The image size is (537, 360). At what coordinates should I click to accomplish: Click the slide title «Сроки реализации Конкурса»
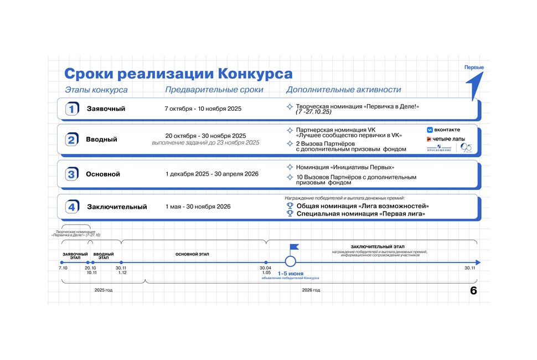click(x=178, y=74)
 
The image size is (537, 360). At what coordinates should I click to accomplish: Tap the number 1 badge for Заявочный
click(x=71, y=109)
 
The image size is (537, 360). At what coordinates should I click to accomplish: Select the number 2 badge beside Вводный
click(x=71, y=140)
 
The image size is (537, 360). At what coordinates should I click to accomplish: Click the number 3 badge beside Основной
click(x=71, y=174)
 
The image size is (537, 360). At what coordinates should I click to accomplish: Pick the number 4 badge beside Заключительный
click(x=71, y=207)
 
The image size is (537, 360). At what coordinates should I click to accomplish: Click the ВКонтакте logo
click(x=443, y=130)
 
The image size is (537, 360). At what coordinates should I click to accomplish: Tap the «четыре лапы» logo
click(x=446, y=138)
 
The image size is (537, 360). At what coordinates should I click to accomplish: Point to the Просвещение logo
click(x=440, y=148)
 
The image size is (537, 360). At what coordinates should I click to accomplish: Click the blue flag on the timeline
click(x=294, y=248)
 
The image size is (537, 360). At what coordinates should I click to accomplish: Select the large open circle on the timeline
click(x=290, y=262)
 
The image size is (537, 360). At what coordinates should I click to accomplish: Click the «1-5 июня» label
click(x=290, y=274)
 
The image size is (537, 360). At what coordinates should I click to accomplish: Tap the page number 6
click(x=473, y=291)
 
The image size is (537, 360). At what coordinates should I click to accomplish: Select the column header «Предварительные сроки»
click(x=214, y=90)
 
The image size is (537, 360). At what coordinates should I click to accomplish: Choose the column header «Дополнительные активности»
click(x=343, y=90)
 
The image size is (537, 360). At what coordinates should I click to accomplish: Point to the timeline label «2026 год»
click(x=311, y=290)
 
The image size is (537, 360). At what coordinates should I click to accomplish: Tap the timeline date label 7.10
click(x=63, y=268)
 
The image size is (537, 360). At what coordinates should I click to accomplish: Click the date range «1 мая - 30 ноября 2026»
click(x=198, y=207)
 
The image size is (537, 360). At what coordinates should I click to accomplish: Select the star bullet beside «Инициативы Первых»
click(x=290, y=167)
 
